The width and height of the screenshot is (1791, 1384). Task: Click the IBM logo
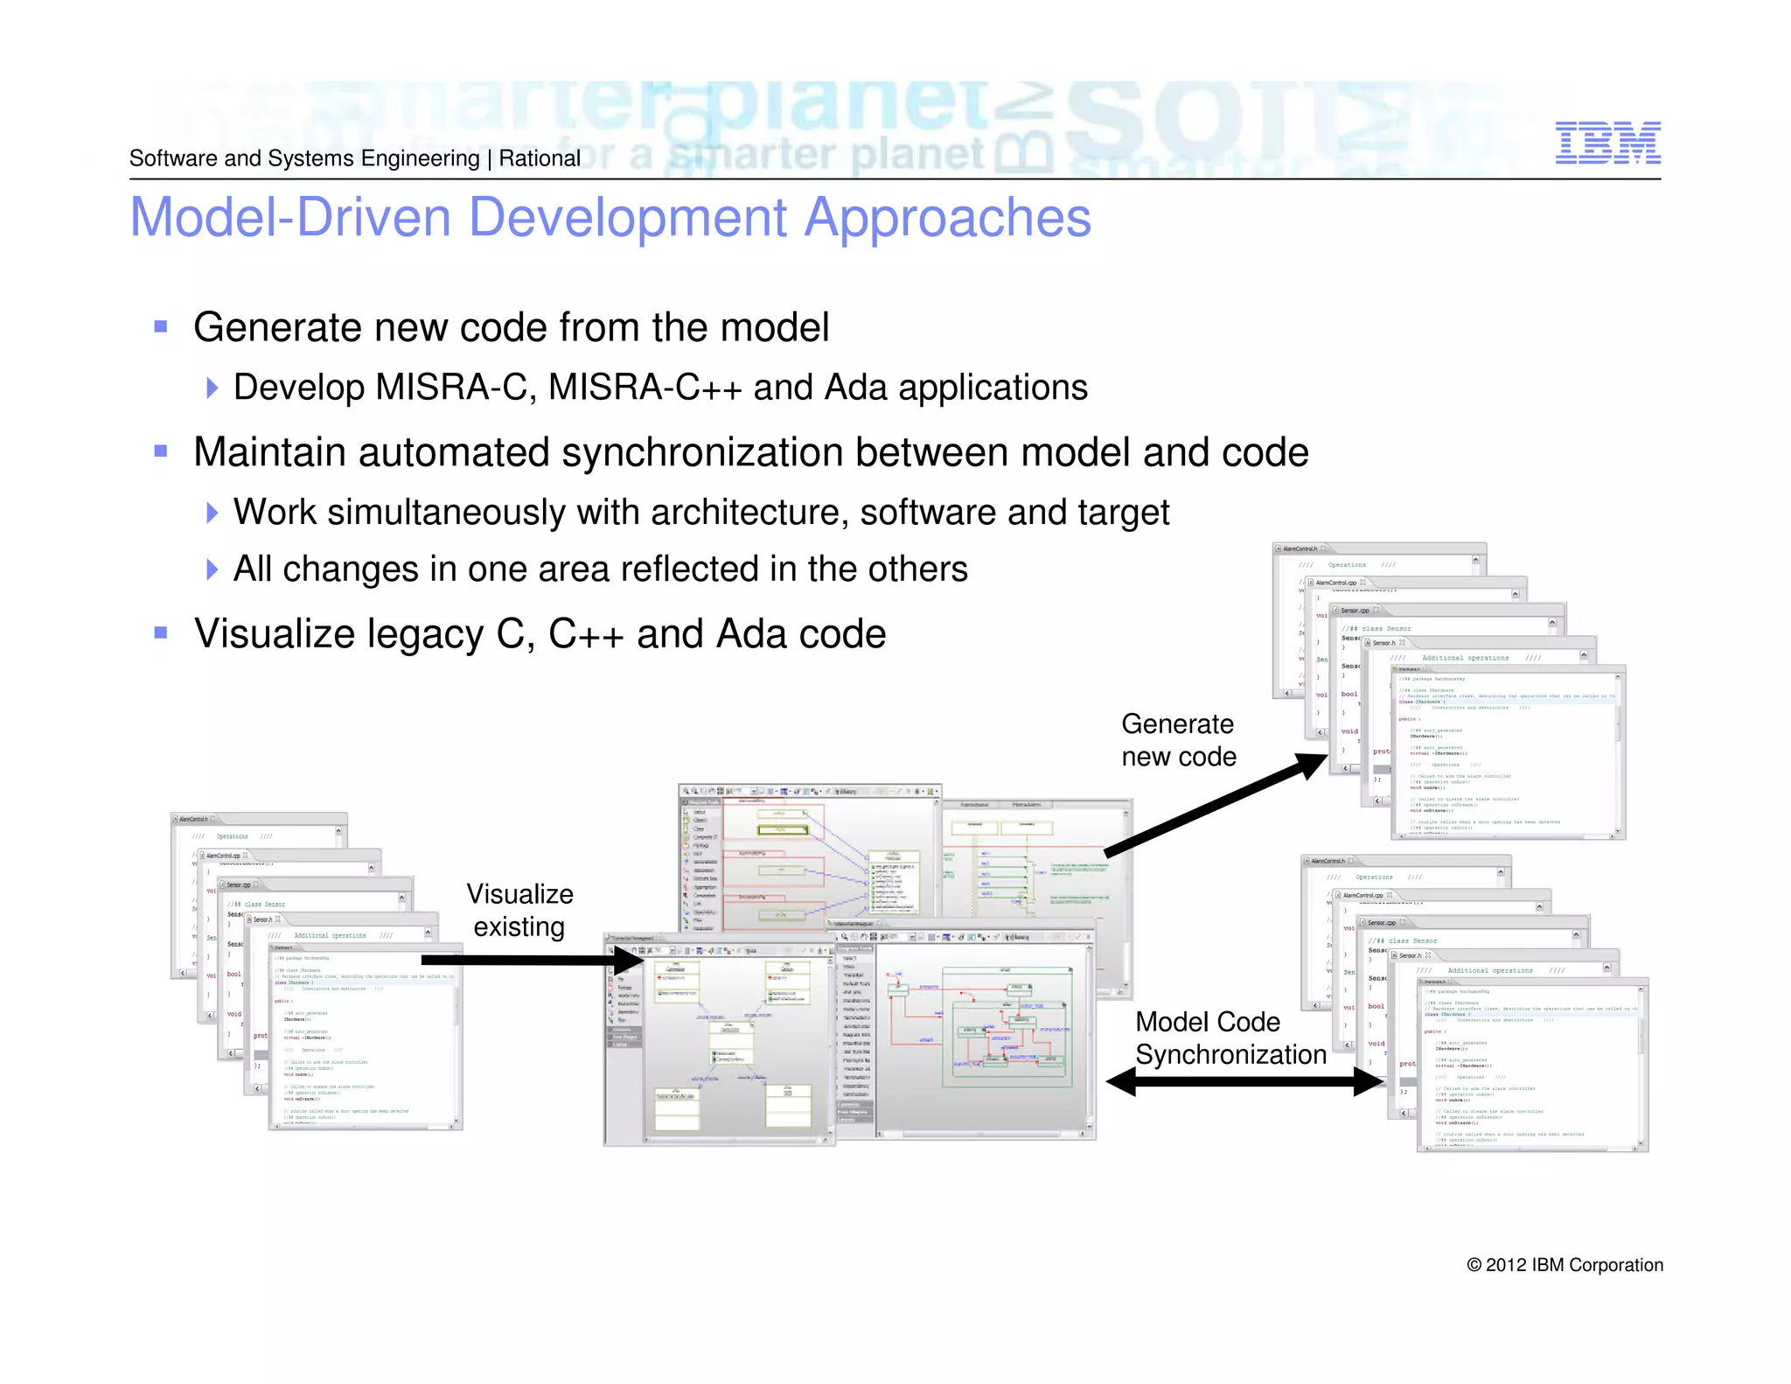pyautogui.click(x=1607, y=143)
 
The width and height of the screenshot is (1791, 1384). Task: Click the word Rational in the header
pyautogui.click(x=540, y=158)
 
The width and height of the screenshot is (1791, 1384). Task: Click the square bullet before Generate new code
pyautogui.click(x=161, y=327)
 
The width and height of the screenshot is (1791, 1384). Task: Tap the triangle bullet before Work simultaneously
pyautogui.click(x=212, y=513)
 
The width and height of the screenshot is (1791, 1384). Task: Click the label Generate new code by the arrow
pyautogui.click(x=1178, y=740)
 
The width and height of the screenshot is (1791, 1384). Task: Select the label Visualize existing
pyautogui.click(x=519, y=911)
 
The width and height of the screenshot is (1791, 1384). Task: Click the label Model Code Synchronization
pyautogui.click(x=1229, y=1038)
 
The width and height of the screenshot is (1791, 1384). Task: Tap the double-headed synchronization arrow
pyautogui.click(x=1245, y=1082)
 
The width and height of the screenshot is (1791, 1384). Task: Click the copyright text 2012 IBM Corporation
pyautogui.click(x=1565, y=1265)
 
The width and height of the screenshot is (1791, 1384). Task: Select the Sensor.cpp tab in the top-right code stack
pyautogui.click(x=1355, y=611)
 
